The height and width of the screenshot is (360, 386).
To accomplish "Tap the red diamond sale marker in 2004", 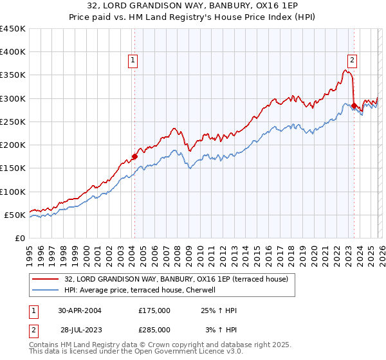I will tap(134, 156).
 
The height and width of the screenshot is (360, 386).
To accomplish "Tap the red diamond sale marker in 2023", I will tap(354, 105).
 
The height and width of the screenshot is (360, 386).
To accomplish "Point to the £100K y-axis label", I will tap(13, 192).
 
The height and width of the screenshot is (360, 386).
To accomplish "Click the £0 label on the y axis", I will tap(19, 238).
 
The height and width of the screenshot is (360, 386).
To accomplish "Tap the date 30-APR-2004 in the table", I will tap(80, 310).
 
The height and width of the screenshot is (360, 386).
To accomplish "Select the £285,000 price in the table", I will tap(154, 330).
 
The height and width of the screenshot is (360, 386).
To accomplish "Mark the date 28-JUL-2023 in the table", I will tap(80, 330).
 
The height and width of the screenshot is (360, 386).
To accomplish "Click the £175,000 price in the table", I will tap(154, 310).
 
